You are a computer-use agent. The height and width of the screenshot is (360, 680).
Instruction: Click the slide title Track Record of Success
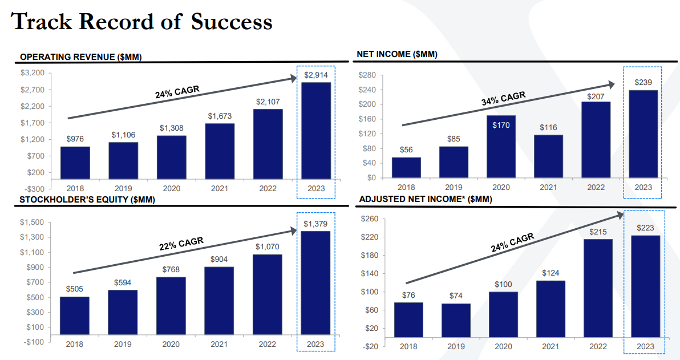[141, 22]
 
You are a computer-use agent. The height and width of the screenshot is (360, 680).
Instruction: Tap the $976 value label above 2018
[75, 139]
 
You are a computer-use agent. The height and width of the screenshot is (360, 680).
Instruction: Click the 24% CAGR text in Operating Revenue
[177, 91]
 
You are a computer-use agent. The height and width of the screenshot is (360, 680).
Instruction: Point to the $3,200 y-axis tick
[32, 73]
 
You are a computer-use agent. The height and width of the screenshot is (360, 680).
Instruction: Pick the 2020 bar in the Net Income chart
[501, 146]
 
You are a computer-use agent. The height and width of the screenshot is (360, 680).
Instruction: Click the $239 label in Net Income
[643, 83]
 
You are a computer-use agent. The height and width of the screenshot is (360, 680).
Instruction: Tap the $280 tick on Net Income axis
[367, 75]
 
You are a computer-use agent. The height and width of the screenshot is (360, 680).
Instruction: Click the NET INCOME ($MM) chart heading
[397, 54]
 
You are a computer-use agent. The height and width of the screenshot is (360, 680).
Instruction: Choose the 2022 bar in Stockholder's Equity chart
[267, 294]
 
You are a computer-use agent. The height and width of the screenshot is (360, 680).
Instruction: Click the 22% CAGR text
[181, 244]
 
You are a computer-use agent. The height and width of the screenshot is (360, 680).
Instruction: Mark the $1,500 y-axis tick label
[32, 223]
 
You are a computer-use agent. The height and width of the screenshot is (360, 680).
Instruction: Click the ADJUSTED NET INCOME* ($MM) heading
[424, 199]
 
